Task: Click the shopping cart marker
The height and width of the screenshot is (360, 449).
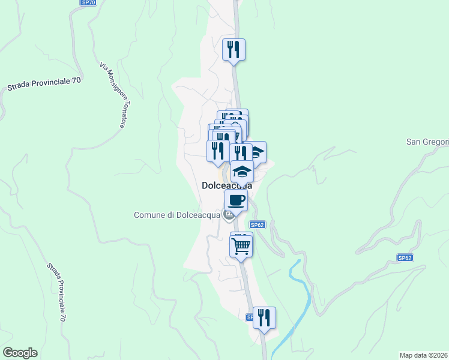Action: (241, 245)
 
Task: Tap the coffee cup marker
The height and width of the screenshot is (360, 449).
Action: (236, 200)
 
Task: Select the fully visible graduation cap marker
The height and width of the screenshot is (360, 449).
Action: (242, 172)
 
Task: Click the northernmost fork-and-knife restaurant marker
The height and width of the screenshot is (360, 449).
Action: (234, 49)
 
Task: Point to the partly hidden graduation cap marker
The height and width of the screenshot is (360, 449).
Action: (258, 151)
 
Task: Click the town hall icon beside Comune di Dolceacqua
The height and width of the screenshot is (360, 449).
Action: (228, 215)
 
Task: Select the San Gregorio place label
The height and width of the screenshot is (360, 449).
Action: (427, 142)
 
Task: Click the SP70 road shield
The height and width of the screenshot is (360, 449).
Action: (88, 3)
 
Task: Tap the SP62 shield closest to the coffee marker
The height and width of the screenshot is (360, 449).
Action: (257, 225)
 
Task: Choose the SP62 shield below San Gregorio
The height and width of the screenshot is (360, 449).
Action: (405, 257)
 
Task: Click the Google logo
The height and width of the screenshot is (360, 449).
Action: (20, 353)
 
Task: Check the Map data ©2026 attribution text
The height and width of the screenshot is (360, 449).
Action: (424, 355)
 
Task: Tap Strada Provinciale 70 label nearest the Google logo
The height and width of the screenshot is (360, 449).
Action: (55, 292)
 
